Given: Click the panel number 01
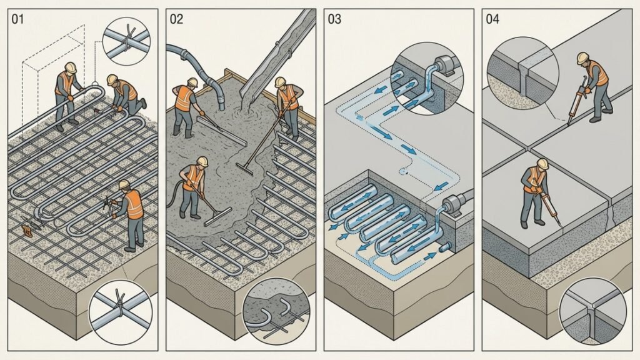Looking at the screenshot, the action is pos(17,19).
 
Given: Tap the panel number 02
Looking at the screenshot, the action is pos(176,19).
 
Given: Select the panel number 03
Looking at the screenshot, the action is pos(334,19).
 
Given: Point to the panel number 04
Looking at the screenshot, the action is pos(492,19).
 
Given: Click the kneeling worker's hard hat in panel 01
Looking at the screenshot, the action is pos(112,79).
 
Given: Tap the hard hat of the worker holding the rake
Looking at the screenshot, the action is pos(280,82).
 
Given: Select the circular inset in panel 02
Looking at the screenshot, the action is pos(276,310).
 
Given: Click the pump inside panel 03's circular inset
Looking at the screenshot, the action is pos(443,66).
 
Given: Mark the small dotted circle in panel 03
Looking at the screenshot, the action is pos(404,172).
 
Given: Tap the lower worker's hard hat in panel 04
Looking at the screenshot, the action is pos(542,163).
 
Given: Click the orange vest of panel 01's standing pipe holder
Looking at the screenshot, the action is pos(65,82).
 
